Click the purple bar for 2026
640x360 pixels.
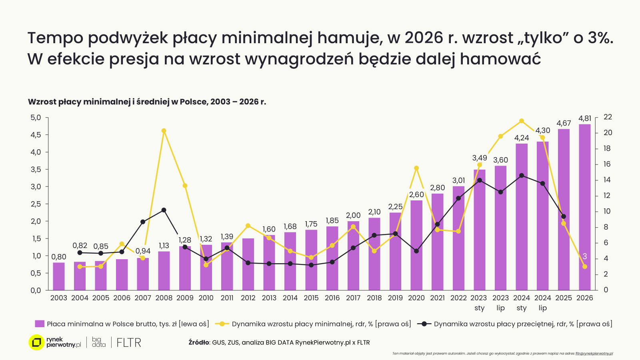584,208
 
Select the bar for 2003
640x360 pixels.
59,276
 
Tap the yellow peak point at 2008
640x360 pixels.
164,131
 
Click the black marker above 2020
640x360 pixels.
416,251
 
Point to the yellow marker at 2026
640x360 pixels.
584,266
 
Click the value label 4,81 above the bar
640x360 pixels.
584,118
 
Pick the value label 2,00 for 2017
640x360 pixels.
353,216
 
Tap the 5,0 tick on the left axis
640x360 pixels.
36,118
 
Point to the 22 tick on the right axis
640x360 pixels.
608,117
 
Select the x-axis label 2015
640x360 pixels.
311,298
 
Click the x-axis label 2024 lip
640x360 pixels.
542,303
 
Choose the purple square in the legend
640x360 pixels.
40,324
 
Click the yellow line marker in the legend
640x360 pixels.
222,324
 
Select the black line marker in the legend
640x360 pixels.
424,324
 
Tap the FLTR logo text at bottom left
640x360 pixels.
129,343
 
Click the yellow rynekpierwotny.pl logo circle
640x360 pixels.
36,342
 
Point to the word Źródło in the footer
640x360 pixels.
199,342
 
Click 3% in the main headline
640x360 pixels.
600,38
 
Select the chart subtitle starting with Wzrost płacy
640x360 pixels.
147,102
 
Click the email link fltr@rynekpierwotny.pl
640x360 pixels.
594,354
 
